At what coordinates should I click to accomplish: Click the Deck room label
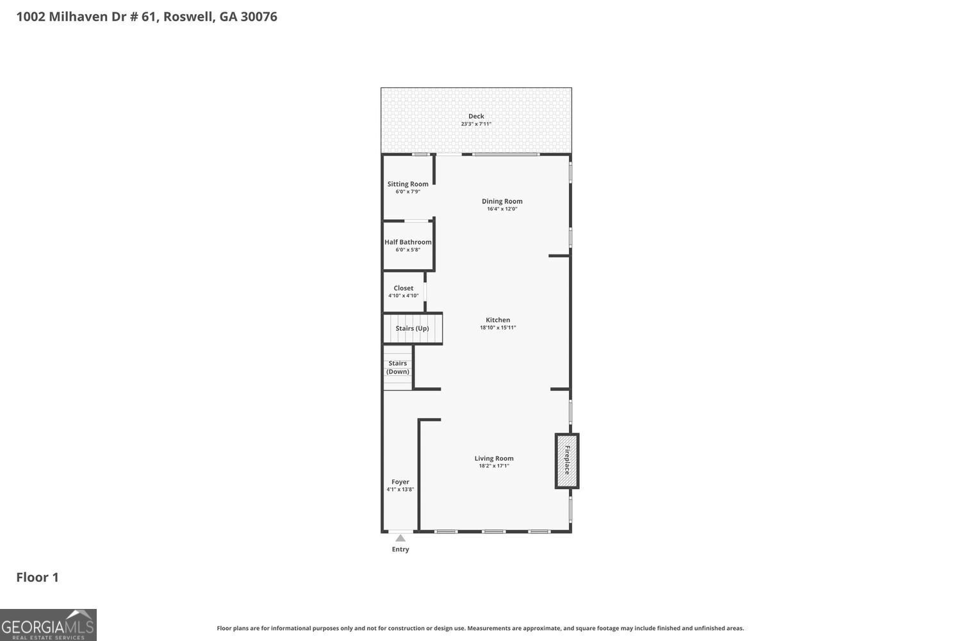coord(476,116)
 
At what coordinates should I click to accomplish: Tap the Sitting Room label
coord(407,184)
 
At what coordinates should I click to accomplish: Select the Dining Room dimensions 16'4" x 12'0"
coord(502,209)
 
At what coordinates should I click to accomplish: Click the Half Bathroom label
coord(408,242)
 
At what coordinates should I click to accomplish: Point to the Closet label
coord(404,288)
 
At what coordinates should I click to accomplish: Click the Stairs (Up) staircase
coord(413,328)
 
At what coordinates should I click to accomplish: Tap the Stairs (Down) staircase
coord(398,367)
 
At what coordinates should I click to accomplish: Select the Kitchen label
coord(498,320)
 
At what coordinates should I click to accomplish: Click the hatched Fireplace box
coord(567,461)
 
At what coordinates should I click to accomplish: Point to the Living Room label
coord(494,458)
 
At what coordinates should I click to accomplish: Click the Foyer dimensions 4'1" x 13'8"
coord(400,490)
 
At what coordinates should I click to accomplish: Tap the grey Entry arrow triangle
coord(400,538)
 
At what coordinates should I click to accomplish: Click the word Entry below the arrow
coord(400,549)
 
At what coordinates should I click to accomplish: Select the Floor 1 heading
coord(37,578)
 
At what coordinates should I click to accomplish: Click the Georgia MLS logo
coord(48,625)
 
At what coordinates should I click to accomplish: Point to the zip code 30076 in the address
coord(259,17)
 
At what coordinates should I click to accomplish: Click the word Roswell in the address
coord(189,17)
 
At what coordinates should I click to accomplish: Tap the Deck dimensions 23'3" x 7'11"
coord(476,124)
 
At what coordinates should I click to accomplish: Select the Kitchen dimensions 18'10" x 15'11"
coord(498,328)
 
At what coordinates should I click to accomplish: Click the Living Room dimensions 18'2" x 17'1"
coord(494,466)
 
